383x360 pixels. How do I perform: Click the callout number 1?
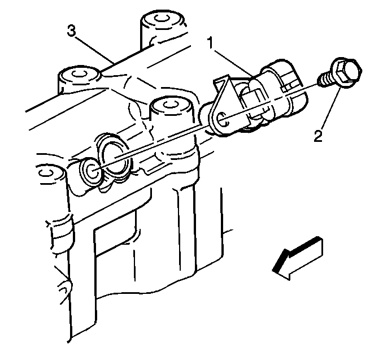point(211,44)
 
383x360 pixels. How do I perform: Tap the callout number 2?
point(318,136)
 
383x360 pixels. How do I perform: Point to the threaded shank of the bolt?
point(324,80)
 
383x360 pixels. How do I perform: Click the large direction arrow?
point(298,258)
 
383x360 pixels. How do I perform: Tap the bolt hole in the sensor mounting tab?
point(221,119)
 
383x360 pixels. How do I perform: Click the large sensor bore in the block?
point(115,158)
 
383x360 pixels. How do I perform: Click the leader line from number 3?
point(94,50)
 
